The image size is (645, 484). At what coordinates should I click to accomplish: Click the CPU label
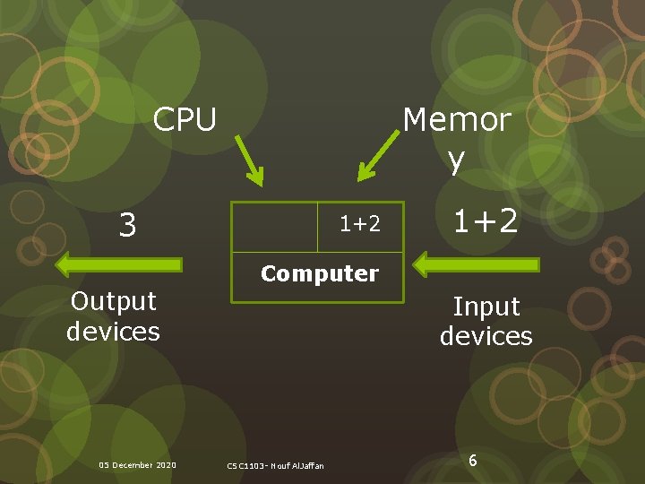click(x=185, y=119)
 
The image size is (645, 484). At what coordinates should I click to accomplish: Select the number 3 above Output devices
click(x=128, y=226)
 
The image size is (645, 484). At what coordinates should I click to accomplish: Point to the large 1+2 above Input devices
click(x=485, y=220)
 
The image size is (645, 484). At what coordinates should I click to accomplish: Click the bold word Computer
click(x=320, y=273)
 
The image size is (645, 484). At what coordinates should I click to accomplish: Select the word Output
click(x=114, y=301)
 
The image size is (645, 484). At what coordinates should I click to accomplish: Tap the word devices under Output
click(x=113, y=332)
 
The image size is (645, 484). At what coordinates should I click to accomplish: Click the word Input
click(x=486, y=307)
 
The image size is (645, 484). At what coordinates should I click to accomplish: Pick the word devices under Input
click(x=486, y=336)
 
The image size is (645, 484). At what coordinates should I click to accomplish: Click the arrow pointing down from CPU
click(x=249, y=160)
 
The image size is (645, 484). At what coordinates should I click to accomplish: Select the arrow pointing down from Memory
click(x=377, y=157)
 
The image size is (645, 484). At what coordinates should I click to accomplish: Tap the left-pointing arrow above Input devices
click(x=476, y=264)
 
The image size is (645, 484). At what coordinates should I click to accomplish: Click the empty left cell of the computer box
click(x=275, y=226)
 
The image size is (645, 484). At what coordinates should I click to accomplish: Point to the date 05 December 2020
click(x=137, y=464)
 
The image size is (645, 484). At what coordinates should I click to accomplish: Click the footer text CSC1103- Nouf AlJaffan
click(x=276, y=465)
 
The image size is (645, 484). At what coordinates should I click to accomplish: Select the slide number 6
click(x=472, y=461)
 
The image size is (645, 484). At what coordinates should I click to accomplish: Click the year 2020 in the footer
click(x=165, y=464)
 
